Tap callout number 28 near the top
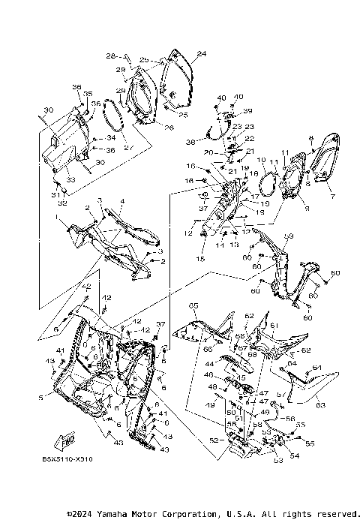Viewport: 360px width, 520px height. [109, 56]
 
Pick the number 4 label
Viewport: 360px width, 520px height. [122, 202]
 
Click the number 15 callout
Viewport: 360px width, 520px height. [200, 259]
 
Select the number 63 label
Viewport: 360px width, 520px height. [319, 406]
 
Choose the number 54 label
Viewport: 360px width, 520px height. [294, 455]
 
